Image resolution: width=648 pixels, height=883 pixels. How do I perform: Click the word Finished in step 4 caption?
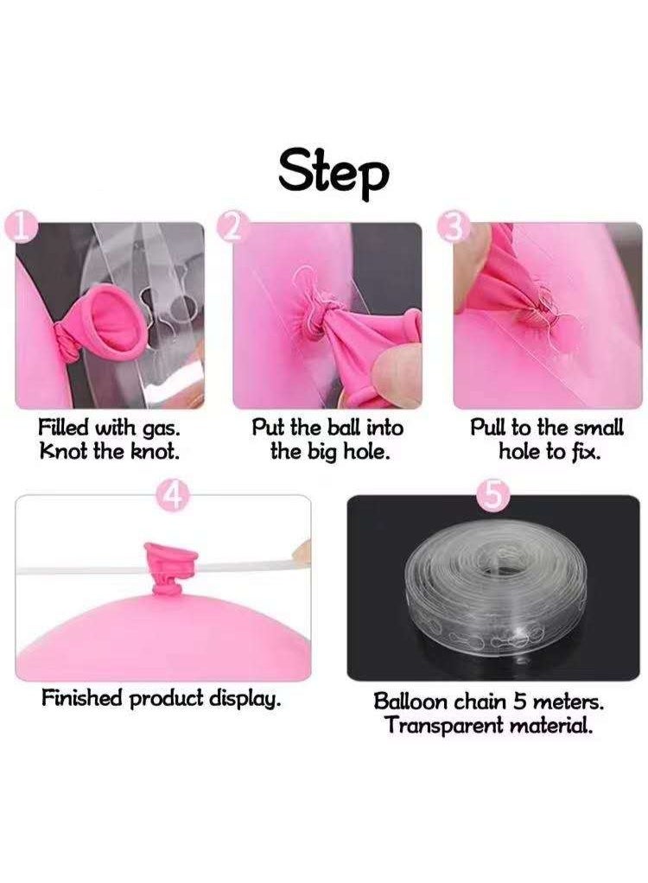pyautogui.click(x=81, y=698)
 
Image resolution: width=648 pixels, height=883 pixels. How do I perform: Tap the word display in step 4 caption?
pyautogui.click(x=245, y=700)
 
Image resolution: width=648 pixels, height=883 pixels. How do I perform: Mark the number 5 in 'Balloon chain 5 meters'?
pyautogui.click(x=519, y=702)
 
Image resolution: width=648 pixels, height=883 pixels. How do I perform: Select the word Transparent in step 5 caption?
pyautogui.click(x=444, y=727)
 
